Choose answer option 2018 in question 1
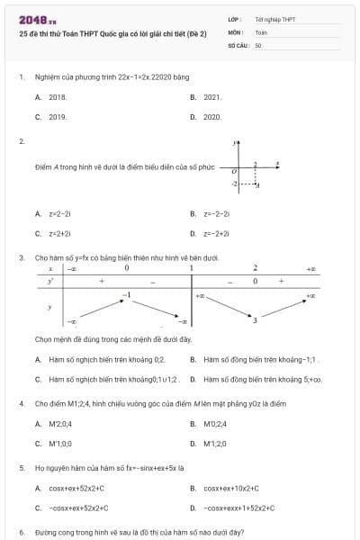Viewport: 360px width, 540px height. click(x=58, y=96)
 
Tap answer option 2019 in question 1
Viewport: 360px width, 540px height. click(x=58, y=117)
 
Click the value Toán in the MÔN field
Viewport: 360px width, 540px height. click(x=261, y=31)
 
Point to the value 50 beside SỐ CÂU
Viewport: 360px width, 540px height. click(x=258, y=44)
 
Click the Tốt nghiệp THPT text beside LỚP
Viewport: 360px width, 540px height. click(x=274, y=18)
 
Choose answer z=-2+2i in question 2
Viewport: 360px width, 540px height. click(x=216, y=233)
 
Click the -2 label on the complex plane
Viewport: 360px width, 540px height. click(x=235, y=183)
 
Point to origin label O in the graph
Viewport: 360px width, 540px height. click(x=234, y=170)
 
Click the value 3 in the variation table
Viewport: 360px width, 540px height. click(x=255, y=319)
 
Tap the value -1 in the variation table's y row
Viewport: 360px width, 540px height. click(x=127, y=294)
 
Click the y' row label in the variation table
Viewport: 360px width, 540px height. click(x=50, y=281)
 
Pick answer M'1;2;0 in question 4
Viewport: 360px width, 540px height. click(x=214, y=444)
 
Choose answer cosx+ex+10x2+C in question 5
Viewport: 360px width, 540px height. click(x=231, y=489)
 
